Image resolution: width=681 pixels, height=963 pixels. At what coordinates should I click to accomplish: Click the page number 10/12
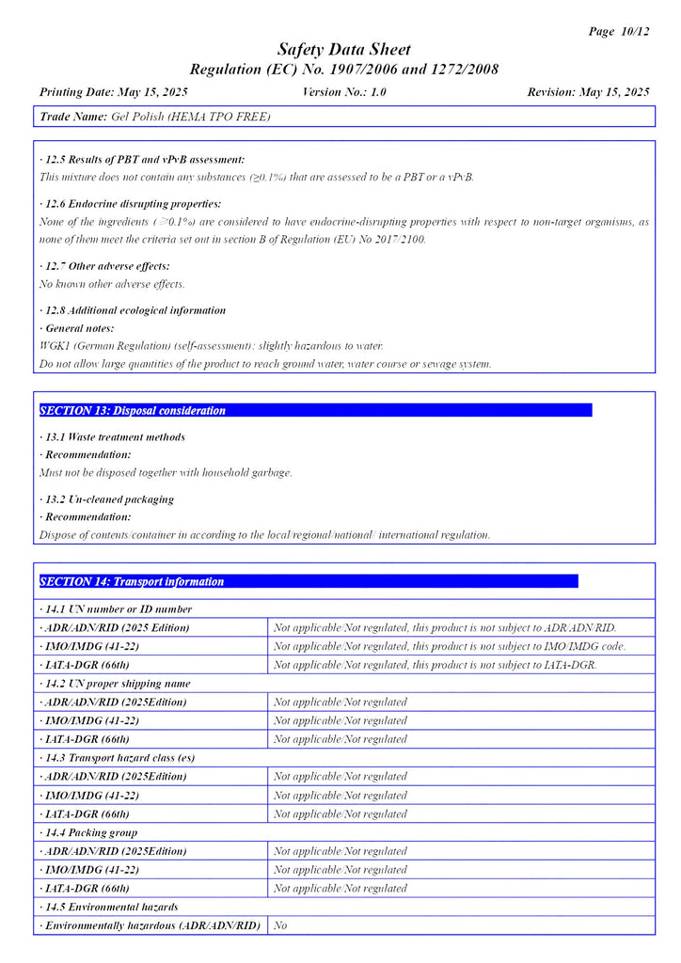(x=634, y=31)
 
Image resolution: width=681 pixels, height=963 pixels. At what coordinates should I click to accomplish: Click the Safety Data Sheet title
(x=343, y=50)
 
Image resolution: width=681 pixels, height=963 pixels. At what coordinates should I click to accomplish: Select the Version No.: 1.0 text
(x=344, y=92)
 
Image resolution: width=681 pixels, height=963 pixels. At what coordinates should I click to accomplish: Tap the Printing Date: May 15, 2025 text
(x=114, y=92)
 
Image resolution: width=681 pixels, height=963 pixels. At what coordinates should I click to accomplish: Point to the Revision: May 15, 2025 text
(x=589, y=92)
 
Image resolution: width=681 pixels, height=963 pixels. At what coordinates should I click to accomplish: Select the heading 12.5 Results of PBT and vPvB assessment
(x=143, y=160)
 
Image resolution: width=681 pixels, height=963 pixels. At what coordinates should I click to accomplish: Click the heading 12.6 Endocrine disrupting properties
(x=132, y=204)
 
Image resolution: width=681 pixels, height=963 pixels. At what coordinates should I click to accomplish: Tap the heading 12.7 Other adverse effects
(x=105, y=266)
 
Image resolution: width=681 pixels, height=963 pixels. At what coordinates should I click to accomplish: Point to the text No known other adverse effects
(x=113, y=284)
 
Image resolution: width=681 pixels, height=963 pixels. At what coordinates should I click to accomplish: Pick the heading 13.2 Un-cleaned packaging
(x=108, y=499)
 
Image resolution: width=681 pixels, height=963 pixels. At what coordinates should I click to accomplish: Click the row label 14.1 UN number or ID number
(x=117, y=609)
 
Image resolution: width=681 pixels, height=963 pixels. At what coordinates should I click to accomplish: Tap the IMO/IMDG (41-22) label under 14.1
(x=90, y=646)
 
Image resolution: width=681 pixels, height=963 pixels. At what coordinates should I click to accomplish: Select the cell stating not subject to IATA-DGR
(x=436, y=665)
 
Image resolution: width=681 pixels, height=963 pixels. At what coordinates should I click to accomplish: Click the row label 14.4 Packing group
(x=89, y=832)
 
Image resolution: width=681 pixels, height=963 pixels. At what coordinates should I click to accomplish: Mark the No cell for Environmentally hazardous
(x=280, y=925)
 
